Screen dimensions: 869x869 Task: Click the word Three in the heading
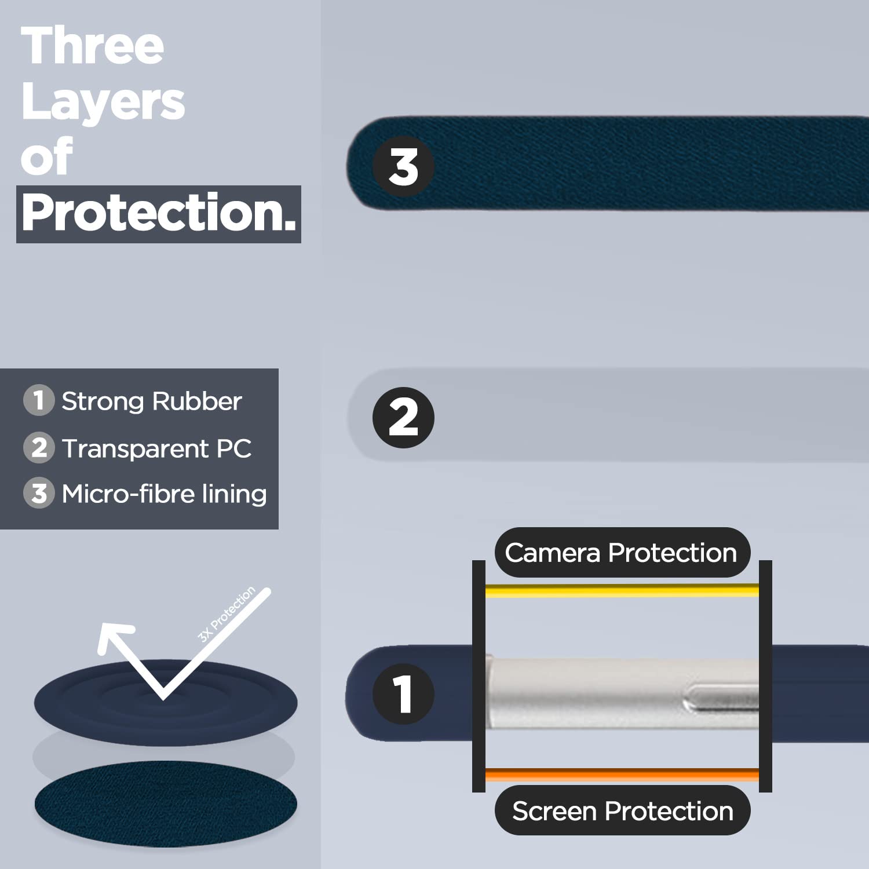click(x=93, y=46)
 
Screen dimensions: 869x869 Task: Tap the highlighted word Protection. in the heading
click(x=159, y=214)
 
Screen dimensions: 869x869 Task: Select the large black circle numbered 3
click(x=403, y=167)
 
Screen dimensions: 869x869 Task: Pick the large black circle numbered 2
click(x=403, y=418)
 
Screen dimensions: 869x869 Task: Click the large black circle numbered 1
click(x=403, y=694)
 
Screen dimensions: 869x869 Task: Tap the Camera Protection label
click(x=622, y=553)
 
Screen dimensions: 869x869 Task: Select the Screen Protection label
click(x=622, y=810)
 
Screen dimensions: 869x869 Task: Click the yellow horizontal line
click(x=622, y=591)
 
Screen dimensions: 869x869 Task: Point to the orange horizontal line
click(x=622, y=775)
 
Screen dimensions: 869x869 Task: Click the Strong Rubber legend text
click(x=152, y=401)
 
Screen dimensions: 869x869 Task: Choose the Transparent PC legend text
click(x=157, y=448)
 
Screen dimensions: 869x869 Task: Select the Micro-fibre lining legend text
click(x=165, y=494)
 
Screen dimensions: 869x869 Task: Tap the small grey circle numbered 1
click(x=39, y=400)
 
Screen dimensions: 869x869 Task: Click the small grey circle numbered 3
click(x=39, y=493)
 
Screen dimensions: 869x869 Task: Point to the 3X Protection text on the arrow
click(x=227, y=614)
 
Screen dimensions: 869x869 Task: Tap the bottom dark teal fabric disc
click(x=166, y=804)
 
